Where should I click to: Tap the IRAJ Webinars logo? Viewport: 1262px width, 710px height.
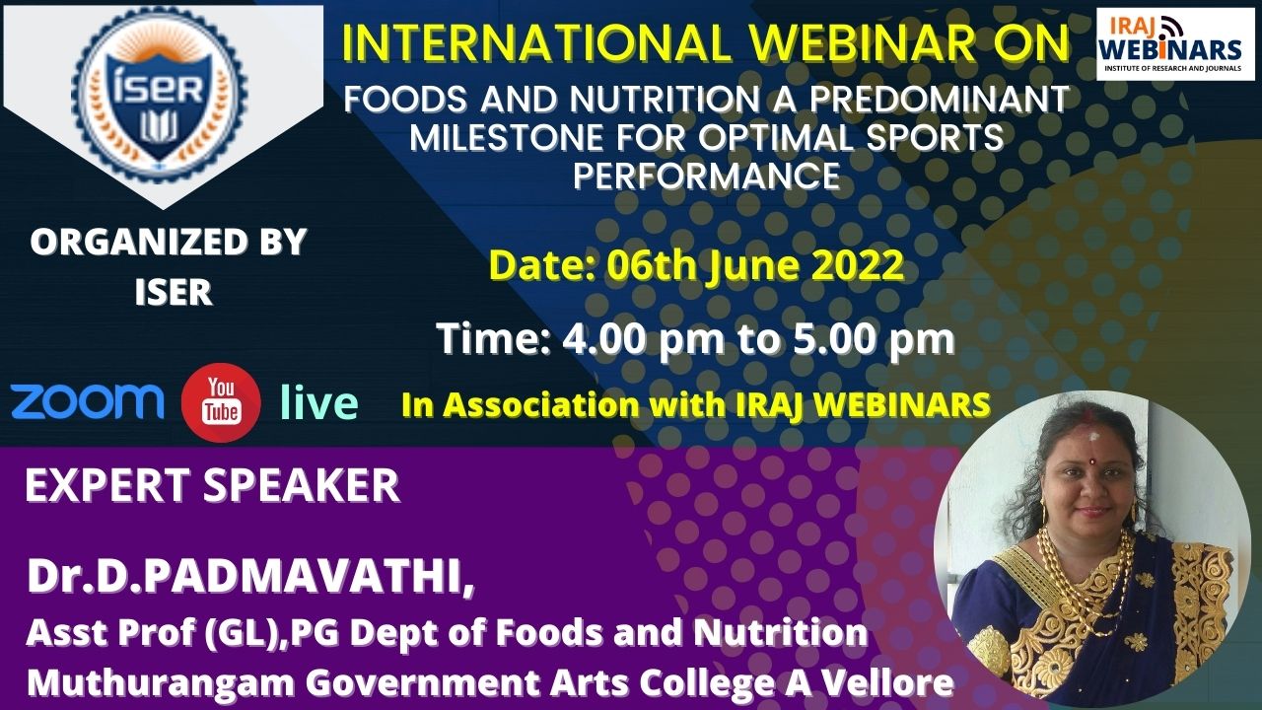click(x=1175, y=44)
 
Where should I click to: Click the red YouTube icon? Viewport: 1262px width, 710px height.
click(x=222, y=402)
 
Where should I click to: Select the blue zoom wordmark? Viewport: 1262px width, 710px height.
click(x=88, y=401)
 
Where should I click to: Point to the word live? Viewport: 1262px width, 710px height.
click(x=319, y=402)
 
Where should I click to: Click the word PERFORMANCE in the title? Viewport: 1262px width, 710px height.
click(x=707, y=176)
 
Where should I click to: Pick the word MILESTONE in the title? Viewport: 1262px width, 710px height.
click(x=506, y=137)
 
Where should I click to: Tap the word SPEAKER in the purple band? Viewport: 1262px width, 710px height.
click(x=301, y=485)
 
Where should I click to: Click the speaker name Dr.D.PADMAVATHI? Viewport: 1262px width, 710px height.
click(x=250, y=577)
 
